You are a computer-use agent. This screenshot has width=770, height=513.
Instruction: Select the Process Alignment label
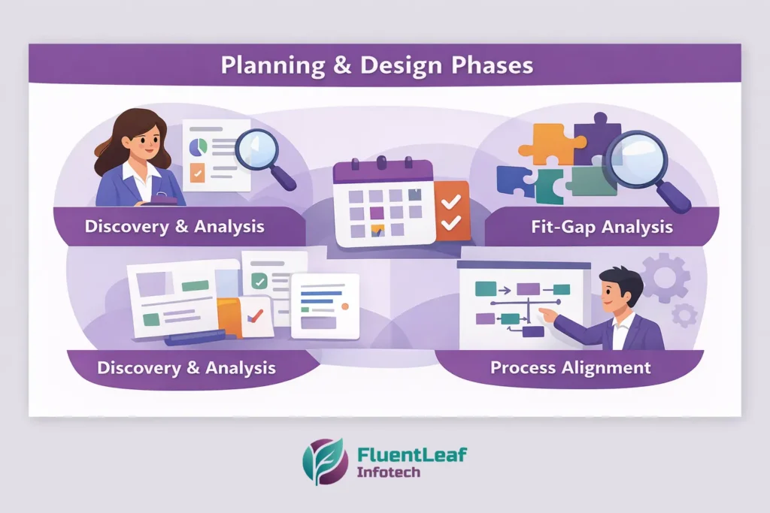click(570, 367)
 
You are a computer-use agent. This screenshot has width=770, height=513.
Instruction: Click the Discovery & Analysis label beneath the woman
click(174, 226)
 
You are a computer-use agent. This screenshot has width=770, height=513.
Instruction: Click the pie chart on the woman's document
click(199, 143)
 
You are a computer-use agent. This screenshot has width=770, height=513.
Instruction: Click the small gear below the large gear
click(684, 315)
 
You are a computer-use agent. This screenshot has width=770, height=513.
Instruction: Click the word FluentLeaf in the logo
click(411, 455)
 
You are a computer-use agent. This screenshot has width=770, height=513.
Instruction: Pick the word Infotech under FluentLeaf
click(390, 473)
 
